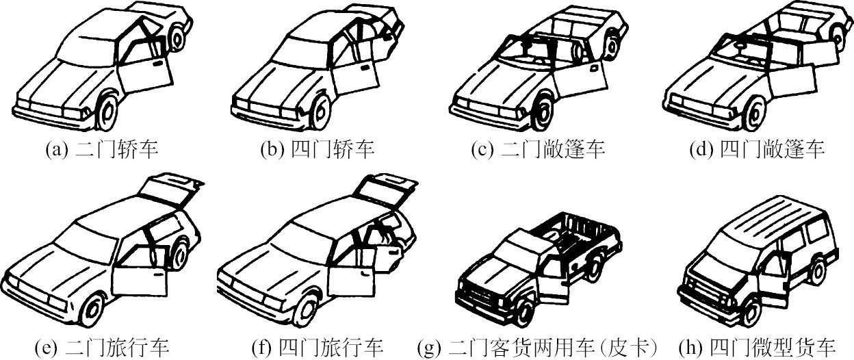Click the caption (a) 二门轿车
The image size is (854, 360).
tap(101, 149)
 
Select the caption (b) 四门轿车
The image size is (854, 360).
tap(318, 149)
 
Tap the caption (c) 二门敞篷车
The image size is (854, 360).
tap(539, 149)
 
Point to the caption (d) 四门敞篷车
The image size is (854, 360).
tap(757, 149)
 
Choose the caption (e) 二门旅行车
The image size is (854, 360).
tap(101, 348)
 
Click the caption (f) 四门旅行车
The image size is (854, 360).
tap(318, 348)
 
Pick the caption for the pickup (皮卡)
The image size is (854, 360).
tap(539, 348)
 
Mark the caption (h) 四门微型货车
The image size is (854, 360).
tap(757, 348)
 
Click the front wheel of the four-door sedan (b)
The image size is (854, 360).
tap(320, 112)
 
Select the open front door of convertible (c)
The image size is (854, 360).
tap(579, 78)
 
